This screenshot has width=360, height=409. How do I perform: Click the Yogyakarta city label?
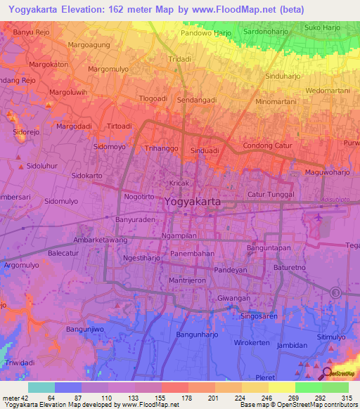[193, 201]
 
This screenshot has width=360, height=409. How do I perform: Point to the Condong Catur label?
[267, 145]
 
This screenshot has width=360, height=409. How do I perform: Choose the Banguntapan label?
[269, 247]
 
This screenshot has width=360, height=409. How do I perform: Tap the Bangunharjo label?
[200, 334]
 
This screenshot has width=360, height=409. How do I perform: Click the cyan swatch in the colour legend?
[41, 387]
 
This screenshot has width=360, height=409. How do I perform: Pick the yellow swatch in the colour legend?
[281, 387]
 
